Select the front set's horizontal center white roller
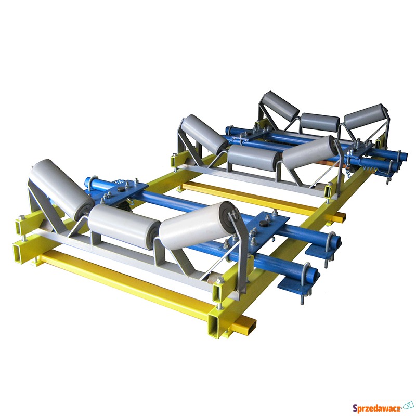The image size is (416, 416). pos(124,226)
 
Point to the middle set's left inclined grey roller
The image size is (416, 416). pos(204,134)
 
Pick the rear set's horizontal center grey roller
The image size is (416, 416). pos(320,122)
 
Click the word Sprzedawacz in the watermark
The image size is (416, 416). pos(377,407)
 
